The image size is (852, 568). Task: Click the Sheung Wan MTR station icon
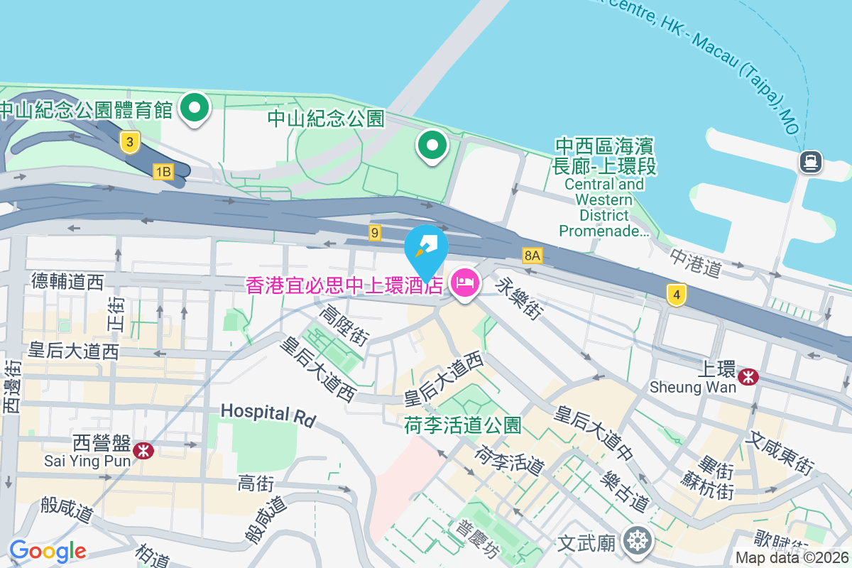748,377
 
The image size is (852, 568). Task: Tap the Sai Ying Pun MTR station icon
143,449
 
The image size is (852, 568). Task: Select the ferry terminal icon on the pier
810,162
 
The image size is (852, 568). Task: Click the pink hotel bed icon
464,285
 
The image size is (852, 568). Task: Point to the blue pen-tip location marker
426,249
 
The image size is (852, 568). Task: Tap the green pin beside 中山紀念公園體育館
195,109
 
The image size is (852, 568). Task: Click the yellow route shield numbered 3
129,142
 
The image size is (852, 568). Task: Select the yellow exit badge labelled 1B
163,171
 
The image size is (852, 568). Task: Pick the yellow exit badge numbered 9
375,232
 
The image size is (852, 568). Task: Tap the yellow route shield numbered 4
677,294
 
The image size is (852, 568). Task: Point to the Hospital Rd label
268,415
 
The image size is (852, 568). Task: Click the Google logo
48,550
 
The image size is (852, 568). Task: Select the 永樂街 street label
520,297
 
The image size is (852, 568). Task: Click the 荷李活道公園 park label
462,425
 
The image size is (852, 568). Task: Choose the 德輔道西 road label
67,283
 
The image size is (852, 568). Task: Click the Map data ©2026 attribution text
792,558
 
